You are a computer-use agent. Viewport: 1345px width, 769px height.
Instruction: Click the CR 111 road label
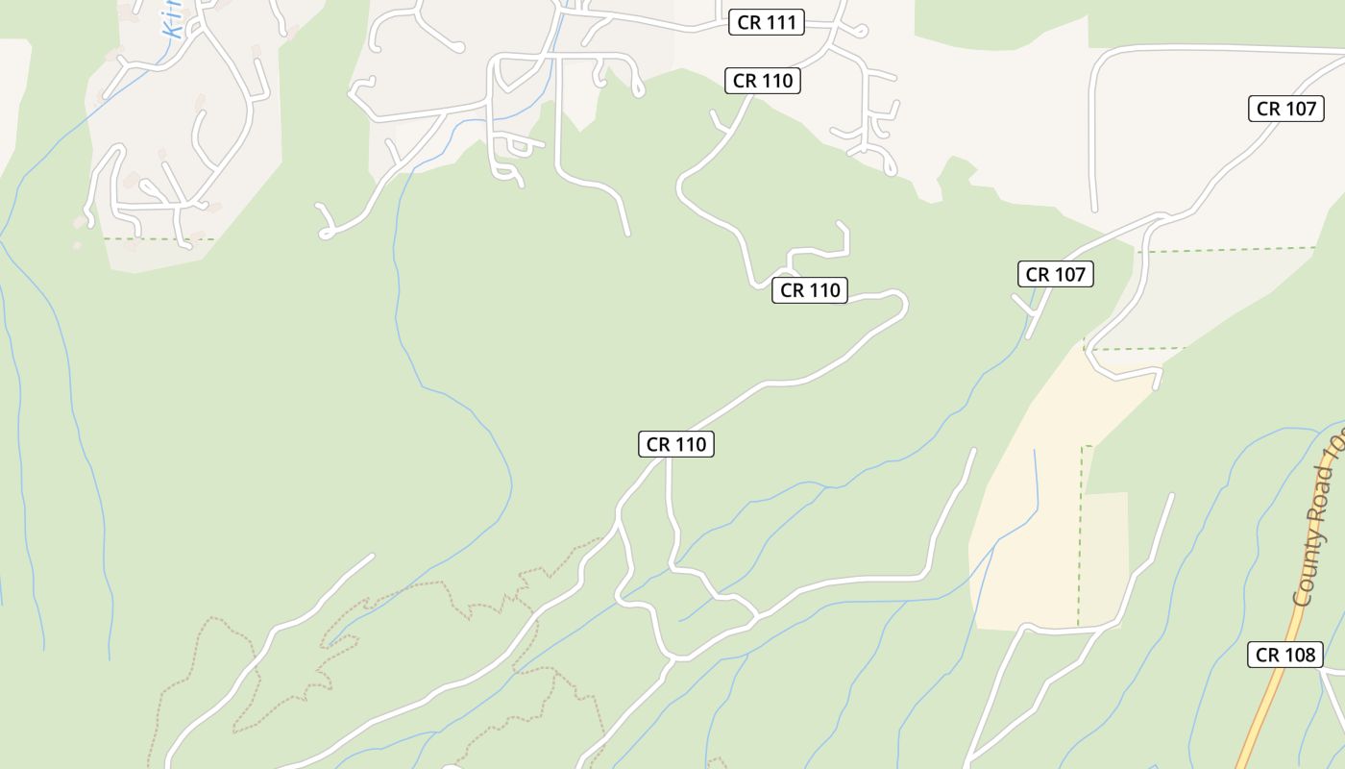pyautogui.click(x=766, y=23)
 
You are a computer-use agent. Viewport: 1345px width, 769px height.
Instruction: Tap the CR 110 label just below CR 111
pyautogui.click(x=763, y=81)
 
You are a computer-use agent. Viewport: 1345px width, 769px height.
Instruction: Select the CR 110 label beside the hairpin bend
pyautogui.click(x=809, y=290)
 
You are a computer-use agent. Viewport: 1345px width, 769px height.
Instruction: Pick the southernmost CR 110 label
pyautogui.click(x=675, y=444)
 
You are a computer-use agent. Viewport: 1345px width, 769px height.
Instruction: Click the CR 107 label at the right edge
pyautogui.click(x=1285, y=109)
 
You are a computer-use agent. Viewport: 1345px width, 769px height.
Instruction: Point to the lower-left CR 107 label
pyautogui.click(x=1055, y=275)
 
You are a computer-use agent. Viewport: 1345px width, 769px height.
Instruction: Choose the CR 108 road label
pyautogui.click(x=1284, y=656)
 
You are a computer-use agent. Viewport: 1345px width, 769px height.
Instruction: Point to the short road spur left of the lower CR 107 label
pyautogui.click(x=1021, y=304)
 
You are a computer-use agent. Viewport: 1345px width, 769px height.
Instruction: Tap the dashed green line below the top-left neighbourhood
pyautogui.click(x=159, y=238)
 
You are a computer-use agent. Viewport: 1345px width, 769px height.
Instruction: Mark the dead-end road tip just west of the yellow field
pyautogui.click(x=973, y=450)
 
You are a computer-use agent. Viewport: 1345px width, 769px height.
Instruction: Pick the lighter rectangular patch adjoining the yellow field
pyautogui.click(x=1105, y=558)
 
